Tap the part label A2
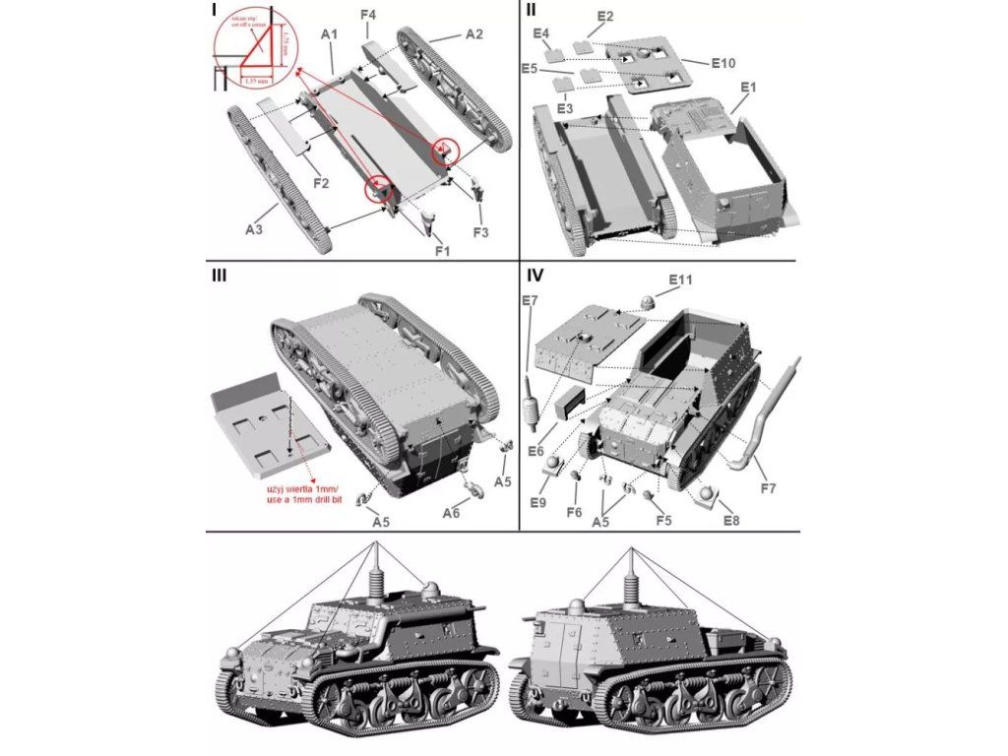coord(473,33)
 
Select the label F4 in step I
coord(369,15)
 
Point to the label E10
coord(724,62)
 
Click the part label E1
coord(747,87)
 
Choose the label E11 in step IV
coord(681,280)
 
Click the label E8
coord(730,520)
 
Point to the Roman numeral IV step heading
coord(535,275)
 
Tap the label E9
coord(536,502)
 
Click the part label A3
coord(253,229)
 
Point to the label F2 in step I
coord(321,182)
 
